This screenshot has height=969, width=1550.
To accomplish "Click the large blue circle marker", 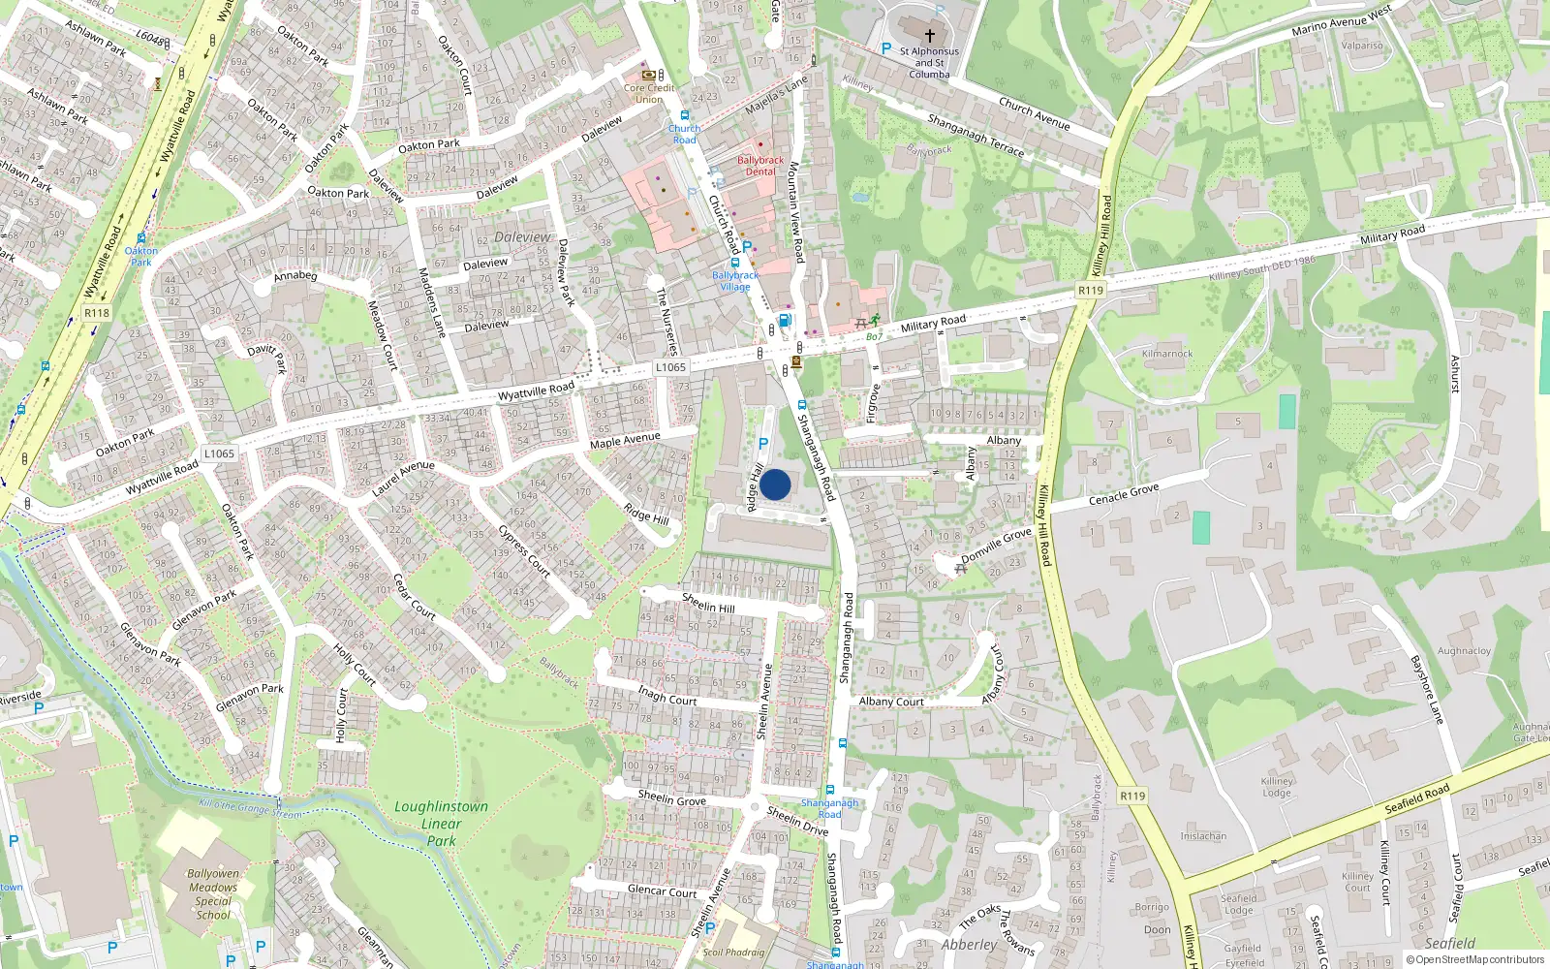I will tap(775, 484).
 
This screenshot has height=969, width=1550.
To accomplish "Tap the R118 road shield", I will tap(97, 313).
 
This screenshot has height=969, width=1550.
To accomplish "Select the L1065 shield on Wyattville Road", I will tap(670, 367).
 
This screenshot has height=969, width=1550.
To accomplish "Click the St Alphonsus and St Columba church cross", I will tap(930, 35).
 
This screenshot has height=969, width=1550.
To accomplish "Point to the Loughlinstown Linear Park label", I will tap(441, 824).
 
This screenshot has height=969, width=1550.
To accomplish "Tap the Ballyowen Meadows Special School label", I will tap(213, 893).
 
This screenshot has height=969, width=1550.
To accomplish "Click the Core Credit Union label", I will tap(649, 93).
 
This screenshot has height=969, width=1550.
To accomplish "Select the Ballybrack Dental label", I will tap(760, 166).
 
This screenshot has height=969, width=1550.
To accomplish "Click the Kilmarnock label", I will tap(1167, 354).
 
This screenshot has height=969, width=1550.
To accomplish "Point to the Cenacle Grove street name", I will tap(1124, 494).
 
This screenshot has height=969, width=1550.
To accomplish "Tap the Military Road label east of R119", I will tap(1392, 234).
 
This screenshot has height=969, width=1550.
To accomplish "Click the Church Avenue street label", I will tap(1035, 113).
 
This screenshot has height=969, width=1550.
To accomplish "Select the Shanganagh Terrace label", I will tap(976, 135).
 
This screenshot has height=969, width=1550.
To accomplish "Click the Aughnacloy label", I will tap(1464, 651).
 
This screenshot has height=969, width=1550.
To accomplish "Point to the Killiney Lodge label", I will tap(1277, 787).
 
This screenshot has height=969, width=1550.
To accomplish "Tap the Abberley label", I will tap(969, 945).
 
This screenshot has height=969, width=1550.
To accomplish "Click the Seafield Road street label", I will tap(1417, 797).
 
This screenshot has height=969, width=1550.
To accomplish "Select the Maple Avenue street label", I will tap(625, 441).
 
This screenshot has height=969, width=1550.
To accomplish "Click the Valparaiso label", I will tap(1362, 46).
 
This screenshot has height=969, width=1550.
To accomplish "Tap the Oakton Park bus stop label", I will tap(141, 256).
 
